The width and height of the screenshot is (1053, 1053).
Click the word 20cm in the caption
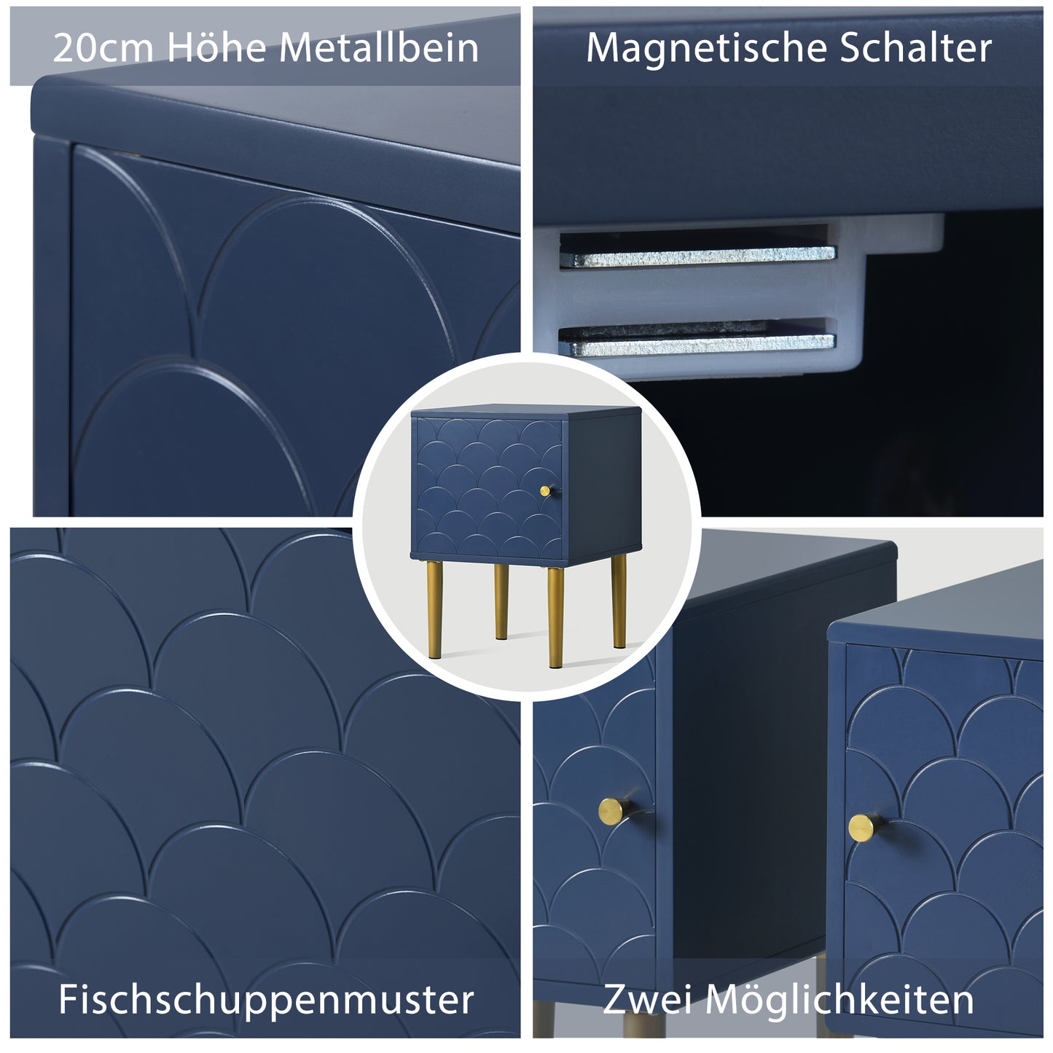click(103, 47)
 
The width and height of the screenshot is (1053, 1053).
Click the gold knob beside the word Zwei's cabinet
click(614, 810)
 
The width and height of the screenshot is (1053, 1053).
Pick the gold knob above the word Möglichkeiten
click(864, 827)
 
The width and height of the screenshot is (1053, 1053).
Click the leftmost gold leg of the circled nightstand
click(435, 609)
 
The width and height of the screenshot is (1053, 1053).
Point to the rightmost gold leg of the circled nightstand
click(619, 600)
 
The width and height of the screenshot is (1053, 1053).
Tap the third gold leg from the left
click(555, 616)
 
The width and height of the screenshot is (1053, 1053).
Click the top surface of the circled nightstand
click(525, 412)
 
